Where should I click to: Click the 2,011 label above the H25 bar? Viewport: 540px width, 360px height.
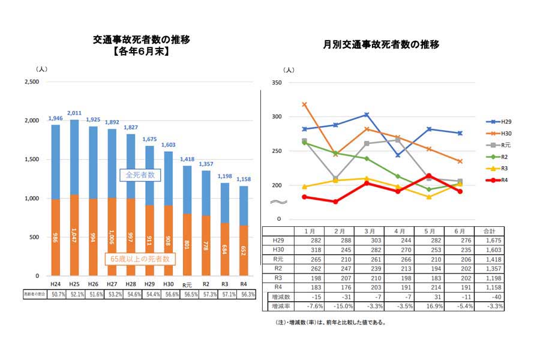(74, 113)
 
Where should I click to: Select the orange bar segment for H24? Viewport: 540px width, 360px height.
(55, 237)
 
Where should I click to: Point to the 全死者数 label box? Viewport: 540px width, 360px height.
(139, 175)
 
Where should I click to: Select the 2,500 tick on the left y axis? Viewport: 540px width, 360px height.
(31, 82)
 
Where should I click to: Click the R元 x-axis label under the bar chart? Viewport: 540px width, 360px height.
(187, 284)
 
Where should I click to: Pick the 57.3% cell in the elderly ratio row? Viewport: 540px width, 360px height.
(206, 295)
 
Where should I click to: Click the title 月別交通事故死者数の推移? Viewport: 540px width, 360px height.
(382, 44)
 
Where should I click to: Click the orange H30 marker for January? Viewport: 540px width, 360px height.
(305, 104)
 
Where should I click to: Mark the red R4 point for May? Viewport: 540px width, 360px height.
(428, 176)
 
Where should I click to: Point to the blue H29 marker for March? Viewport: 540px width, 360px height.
(367, 115)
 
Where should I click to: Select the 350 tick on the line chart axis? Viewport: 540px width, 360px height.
(277, 82)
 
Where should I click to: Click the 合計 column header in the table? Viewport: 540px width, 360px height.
(490, 231)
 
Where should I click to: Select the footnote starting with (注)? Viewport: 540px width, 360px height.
(326, 322)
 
